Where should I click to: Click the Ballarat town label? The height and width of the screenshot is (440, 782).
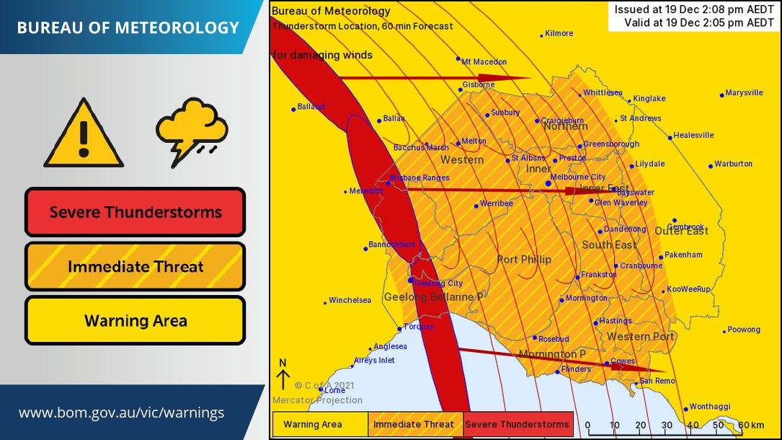(311, 106)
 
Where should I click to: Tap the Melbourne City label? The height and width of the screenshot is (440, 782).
(577, 177)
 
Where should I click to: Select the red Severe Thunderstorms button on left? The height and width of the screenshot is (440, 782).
(135, 212)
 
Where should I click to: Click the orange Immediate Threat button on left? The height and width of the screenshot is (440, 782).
(135, 267)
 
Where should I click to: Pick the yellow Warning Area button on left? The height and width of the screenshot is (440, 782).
(135, 321)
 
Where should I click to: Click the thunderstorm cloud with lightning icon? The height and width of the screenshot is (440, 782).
(191, 131)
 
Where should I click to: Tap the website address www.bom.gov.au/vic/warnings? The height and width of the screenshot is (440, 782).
(121, 413)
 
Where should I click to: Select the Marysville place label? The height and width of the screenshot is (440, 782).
(744, 93)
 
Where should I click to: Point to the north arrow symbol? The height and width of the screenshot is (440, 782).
(283, 375)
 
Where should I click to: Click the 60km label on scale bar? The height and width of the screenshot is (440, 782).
(752, 426)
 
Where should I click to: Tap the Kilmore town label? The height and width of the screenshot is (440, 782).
(559, 33)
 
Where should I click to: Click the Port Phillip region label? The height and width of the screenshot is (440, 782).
(524, 260)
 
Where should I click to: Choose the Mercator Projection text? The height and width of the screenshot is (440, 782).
(317, 400)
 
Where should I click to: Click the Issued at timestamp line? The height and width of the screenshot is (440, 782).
(694, 9)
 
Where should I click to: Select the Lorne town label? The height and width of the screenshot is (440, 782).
(334, 390)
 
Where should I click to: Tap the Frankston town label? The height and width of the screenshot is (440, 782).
(599, 275)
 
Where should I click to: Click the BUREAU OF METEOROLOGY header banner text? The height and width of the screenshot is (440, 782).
(128, 28)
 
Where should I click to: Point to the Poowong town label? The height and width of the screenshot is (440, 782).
(744, 330)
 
